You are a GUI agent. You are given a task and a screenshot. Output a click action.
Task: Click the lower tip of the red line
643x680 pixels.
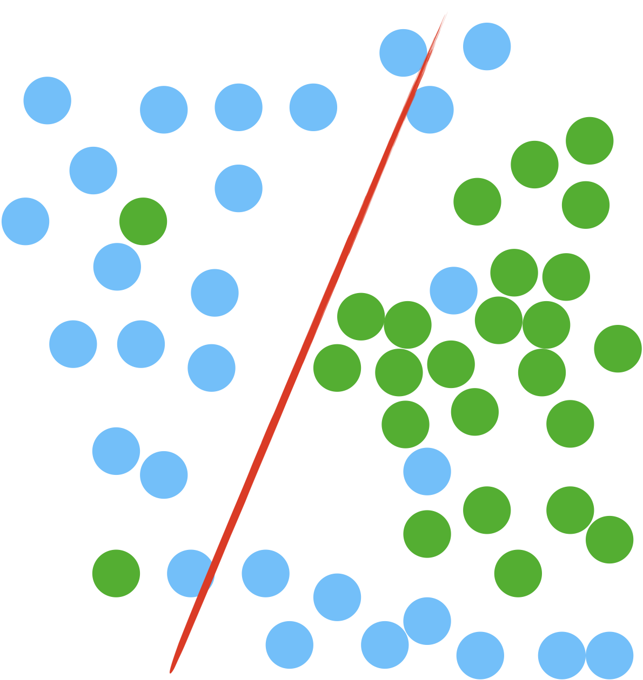pyautogui.click(x=171, y=670)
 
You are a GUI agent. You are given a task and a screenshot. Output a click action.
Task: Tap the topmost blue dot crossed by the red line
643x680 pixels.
pyautogui.click(x=403, y=53)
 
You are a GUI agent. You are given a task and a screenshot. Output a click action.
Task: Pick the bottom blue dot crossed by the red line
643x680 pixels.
pyautogui.click(x=191, y=573)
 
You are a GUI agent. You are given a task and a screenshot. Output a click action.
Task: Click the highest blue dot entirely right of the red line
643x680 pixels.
pyautogui.click(x=487, y=46)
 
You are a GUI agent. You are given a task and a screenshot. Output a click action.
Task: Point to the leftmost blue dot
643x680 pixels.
pyautogui.click(x=25, y=221)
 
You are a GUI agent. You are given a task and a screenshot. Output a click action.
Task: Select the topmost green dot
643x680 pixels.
pyautogui.click(x=590, y=140)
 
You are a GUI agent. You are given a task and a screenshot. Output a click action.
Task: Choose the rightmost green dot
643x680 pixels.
pyautogui.click(x=618, y=349)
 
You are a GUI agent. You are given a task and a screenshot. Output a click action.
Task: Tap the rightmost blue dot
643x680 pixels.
pyautogui.click(x=609, y=655)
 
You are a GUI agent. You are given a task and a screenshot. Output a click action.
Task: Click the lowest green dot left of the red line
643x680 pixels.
pyautogui.click(x=116, y=573)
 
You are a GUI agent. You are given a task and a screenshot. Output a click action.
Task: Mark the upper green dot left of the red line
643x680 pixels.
pyautogui.click(x=143, y=221)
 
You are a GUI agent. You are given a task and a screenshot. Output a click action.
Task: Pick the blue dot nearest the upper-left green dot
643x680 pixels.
pyautogui.click(x=117, y=267)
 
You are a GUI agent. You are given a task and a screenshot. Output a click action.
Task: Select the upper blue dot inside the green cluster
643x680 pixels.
pyautogui.click(x=454, y=290)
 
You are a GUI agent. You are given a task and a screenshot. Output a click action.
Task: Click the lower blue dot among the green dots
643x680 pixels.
pyautogui.click(x=427, y=471)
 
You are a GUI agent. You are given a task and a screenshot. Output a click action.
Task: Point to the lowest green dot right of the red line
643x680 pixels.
pyautogui.click(x=518, y=573)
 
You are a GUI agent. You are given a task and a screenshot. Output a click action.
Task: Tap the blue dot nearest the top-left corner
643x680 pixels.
pyautogui.click(x=48, y=100)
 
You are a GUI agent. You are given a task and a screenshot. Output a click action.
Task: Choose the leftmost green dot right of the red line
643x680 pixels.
pyautogui.click(x=337, y=368)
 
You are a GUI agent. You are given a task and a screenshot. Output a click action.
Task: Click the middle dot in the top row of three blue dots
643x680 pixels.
pyautogui.click(x=238, y=107)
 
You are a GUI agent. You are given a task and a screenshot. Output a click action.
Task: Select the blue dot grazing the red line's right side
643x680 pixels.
pyautogui.click(x=430, y=110)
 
